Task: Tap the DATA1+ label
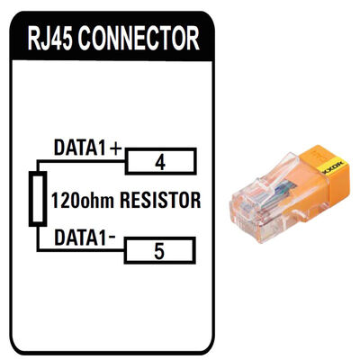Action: click(x=87, y=147)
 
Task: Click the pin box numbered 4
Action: click(x=159, y=163)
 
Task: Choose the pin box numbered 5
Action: click(x=159, y=250)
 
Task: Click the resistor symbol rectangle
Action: click(x=37, y=200)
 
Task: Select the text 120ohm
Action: click(x=79, y=200)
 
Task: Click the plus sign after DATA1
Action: click(x=115, y=147)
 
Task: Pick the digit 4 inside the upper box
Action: click(x=159, y=163)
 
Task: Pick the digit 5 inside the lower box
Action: click(x=159, y=250)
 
